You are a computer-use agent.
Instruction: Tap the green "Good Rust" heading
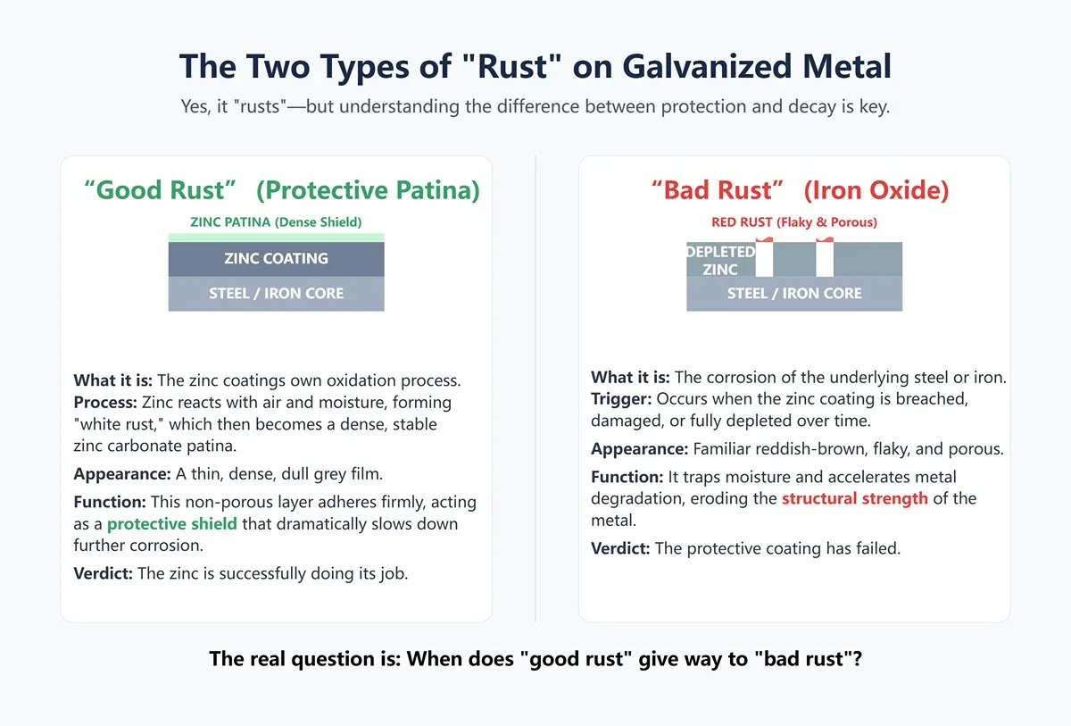click(x=160, y=190)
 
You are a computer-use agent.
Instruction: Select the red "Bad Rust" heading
click(x=718, y=190)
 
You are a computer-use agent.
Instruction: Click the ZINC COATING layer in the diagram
click(x=276, y=259)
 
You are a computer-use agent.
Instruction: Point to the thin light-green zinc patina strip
click(x=276, y=238)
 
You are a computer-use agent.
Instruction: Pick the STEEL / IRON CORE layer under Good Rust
click(x=276, y=294)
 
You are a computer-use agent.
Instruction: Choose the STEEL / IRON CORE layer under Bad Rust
click(x=794, y=294)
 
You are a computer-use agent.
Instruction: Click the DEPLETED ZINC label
click(x=720, y=260)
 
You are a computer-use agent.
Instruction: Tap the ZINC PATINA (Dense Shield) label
click(x=276, y=222)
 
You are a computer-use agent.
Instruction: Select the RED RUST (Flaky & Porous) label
click(x=794, y=222)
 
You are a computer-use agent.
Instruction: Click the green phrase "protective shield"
click(x=171, y=523)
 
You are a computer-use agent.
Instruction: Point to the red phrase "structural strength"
click(x=854, y=498)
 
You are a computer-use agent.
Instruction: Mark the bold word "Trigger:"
click(x=621, y=399)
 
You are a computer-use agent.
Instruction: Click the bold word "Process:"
click(x=105, y=402)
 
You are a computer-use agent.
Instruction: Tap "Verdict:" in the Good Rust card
click(x=103, y=573)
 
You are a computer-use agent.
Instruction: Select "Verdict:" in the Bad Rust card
click(x=620, y=548)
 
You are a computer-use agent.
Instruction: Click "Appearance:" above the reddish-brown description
click(x=639, y=449)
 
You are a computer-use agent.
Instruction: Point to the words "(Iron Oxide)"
click(x=876, y=190)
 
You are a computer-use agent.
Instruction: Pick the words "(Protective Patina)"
click(x=368, y=190)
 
